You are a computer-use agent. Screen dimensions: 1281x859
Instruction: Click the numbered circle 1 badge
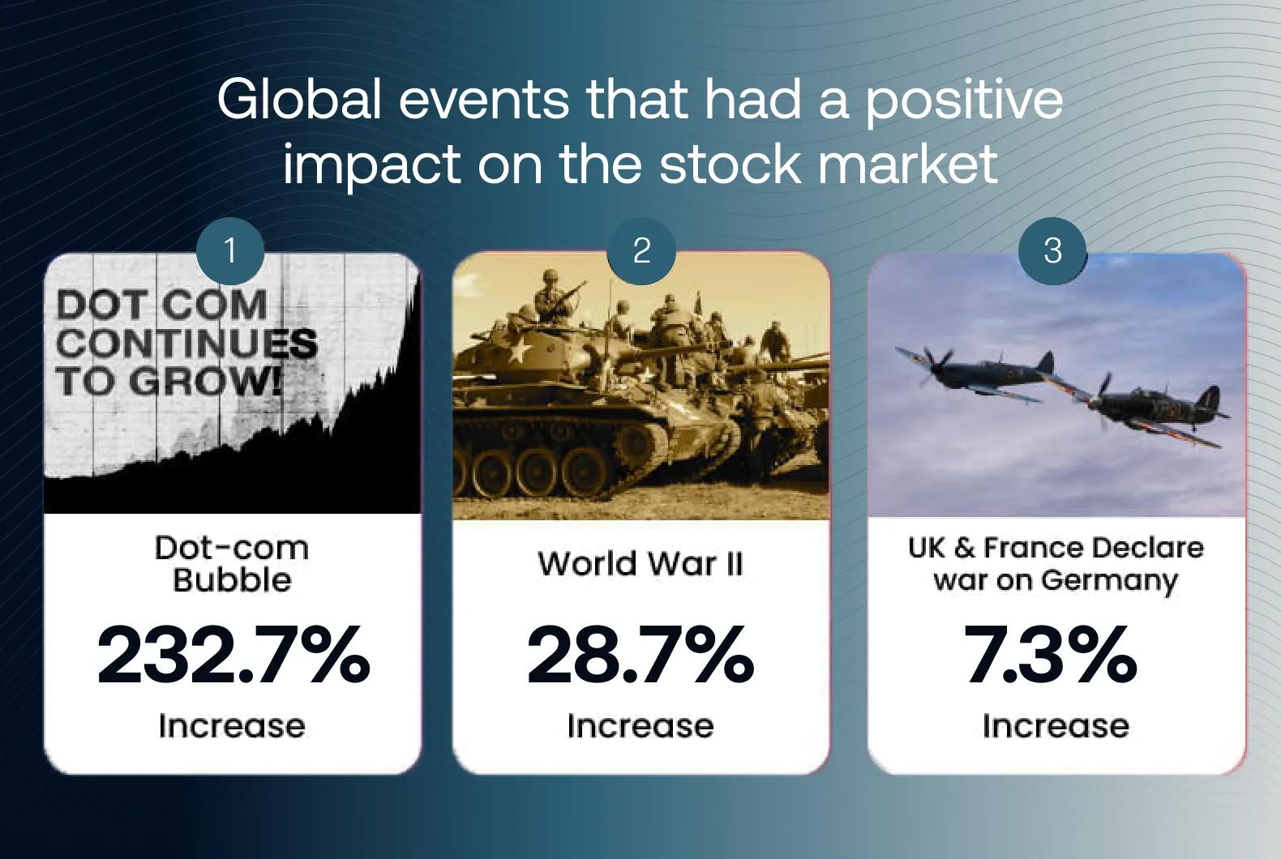[x=230, y=251]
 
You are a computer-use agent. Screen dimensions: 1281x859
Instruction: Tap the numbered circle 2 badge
[x=641, y=251]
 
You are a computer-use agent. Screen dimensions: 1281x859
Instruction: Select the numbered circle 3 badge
[x=1053, y=251]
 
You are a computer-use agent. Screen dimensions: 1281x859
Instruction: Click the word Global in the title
[x=299, y=100]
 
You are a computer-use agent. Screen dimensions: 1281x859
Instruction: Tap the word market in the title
[x=909, y=164]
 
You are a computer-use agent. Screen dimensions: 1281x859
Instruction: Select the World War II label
[x=640, y=563]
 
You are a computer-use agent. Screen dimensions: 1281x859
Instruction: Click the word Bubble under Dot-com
[x=232, y=580]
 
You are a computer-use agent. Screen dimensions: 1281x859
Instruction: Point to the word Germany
[x=1109, y=582]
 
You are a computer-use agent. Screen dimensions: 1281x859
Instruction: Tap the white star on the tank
[x=519, y=351]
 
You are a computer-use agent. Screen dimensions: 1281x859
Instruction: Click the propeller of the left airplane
[x=935, y=365]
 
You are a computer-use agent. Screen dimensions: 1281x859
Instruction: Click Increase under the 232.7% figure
[x=232, y=726]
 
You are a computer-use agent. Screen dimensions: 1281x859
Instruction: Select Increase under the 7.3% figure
[x=1056, y=726]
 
